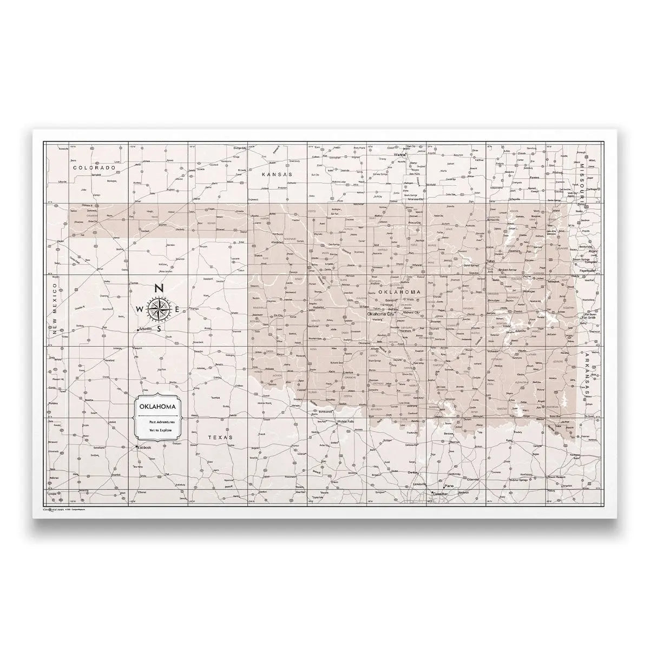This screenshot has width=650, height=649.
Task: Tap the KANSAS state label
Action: click(276, 175)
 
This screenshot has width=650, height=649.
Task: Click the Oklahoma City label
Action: click(380, 314)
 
